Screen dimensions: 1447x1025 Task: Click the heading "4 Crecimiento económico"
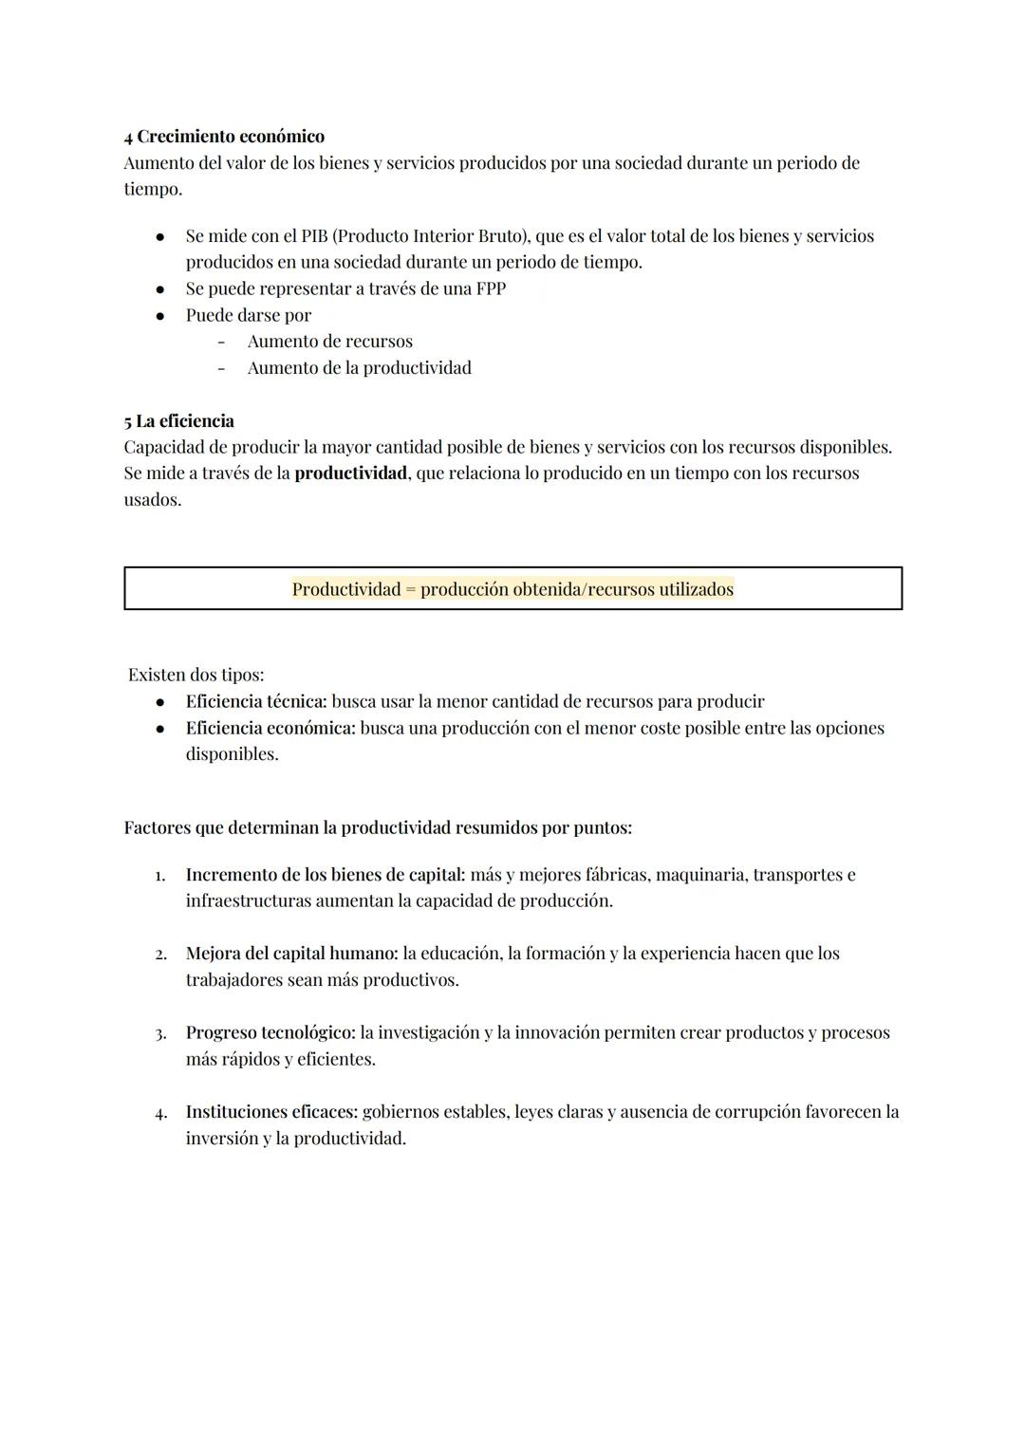(x=224, y=137)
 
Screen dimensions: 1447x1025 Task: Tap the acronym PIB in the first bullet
(x=313, y=236)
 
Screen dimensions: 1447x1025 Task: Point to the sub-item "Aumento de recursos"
(x=329, y=342)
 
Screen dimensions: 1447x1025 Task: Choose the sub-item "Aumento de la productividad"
(x=359, y=368)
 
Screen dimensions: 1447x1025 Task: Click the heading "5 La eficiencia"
(x=178, y=421)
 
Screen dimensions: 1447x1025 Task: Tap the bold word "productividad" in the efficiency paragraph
(x=350, y=473)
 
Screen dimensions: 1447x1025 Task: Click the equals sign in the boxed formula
(x=410, y=589)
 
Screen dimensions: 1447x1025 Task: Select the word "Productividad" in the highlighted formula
(x=346, y=589)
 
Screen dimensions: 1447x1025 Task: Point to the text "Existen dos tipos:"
(x=196, y=676)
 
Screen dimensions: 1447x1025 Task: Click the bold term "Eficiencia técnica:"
(x=256, y=702)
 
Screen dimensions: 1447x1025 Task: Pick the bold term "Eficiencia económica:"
(x=270, y=729)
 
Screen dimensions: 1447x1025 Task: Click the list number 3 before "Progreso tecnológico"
(x=160, y=1033)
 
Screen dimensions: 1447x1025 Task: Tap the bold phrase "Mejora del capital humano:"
(x=291, y=954)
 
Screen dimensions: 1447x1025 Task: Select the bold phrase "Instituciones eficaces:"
(x=271, y=1112)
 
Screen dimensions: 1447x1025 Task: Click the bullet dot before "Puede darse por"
(x=160, y=316)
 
